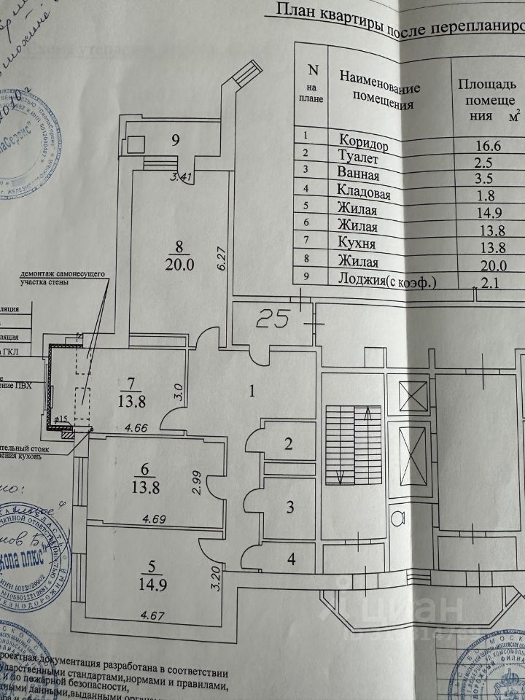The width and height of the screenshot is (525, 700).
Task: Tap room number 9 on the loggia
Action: pyautogui.click(x=174, y=141)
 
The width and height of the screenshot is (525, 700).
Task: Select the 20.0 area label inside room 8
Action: pyautogui.click(x=180, y=265)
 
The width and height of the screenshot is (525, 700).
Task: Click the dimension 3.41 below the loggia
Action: pyautogui.click(x=182, y=176)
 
